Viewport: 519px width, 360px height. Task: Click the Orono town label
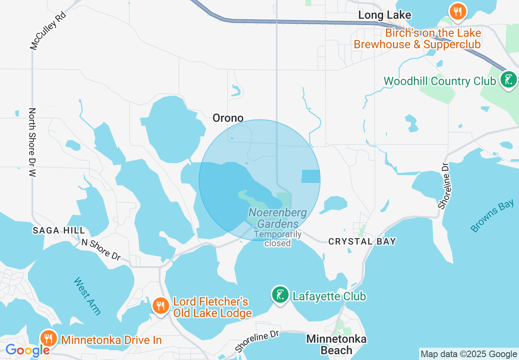coord(228,118)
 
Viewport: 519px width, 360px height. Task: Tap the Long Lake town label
coord(384,16)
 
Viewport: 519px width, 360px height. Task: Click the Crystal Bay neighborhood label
coord(362,241)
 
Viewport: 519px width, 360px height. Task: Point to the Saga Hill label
coord(59,231)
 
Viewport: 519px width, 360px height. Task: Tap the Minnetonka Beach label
coord(336,344)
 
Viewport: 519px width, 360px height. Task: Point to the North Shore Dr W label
coord(32,142)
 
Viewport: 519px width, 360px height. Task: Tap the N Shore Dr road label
coord(101,249)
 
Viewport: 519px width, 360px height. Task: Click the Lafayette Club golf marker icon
coord(280,295)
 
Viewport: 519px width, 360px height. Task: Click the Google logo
coord(27,351)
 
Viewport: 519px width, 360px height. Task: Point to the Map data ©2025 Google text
coord(469,354)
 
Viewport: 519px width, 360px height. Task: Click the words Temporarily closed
coord(278,239)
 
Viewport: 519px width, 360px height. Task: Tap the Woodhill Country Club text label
coord(439,81)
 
